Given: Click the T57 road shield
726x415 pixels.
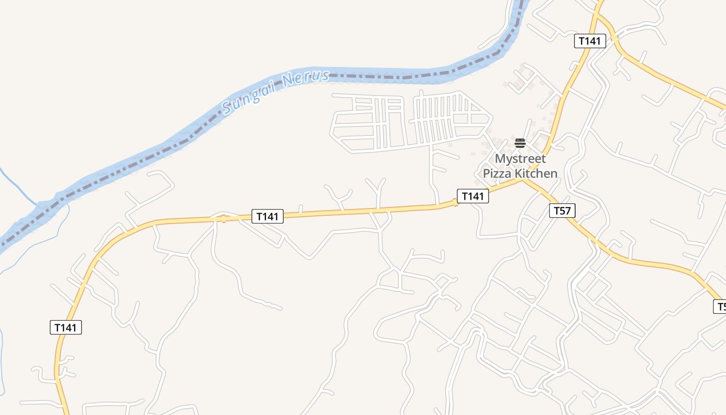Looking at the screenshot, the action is pos(562,210).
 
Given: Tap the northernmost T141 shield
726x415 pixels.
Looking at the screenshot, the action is pos(590,41).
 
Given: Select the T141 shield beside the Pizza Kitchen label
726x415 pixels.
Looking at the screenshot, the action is pos(472,196).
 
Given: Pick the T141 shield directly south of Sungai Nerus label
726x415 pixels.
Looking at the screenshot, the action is pos(268,216).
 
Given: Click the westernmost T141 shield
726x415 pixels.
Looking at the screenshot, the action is pos(66,327).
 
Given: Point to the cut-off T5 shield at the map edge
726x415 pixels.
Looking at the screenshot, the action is pos(720,307).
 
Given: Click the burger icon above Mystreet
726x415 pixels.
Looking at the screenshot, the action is pos(520,143).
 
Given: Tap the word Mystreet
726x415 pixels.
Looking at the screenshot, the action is pos(520,158).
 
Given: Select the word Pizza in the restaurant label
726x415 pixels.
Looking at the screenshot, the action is pos(496,173).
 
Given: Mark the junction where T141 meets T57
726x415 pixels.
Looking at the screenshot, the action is pos(522,179).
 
